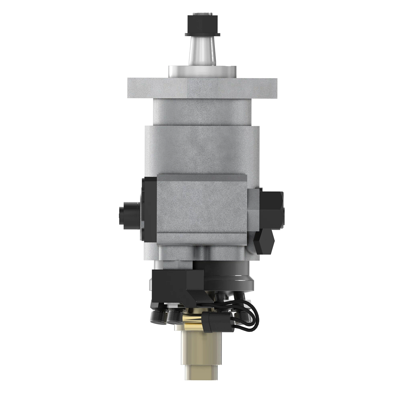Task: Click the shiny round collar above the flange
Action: [x=202, y=71]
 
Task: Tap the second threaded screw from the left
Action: [x=175, y=316]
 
